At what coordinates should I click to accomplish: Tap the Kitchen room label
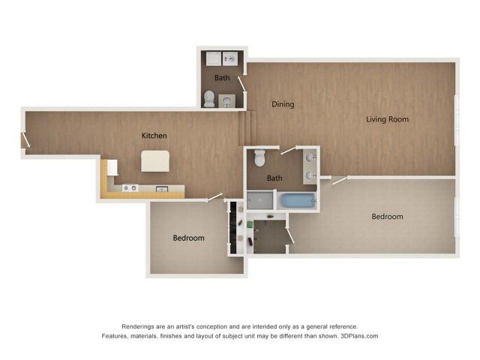(154, 136)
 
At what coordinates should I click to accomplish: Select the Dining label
(283, 104)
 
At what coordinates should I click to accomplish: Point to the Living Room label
(387, 119)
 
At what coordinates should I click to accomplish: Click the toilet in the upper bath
(209, 97)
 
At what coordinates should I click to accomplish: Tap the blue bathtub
(296, 200)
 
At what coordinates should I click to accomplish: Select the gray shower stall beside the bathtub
(260, 200)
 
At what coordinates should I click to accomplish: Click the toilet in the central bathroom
(260, 158)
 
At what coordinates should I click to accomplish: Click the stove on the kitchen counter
(130, 187)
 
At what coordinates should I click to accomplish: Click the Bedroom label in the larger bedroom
(387, 217)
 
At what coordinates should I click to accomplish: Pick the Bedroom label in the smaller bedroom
(188, 238)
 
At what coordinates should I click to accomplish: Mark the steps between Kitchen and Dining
(243, 127)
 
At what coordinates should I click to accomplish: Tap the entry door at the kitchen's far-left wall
(25, 140)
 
